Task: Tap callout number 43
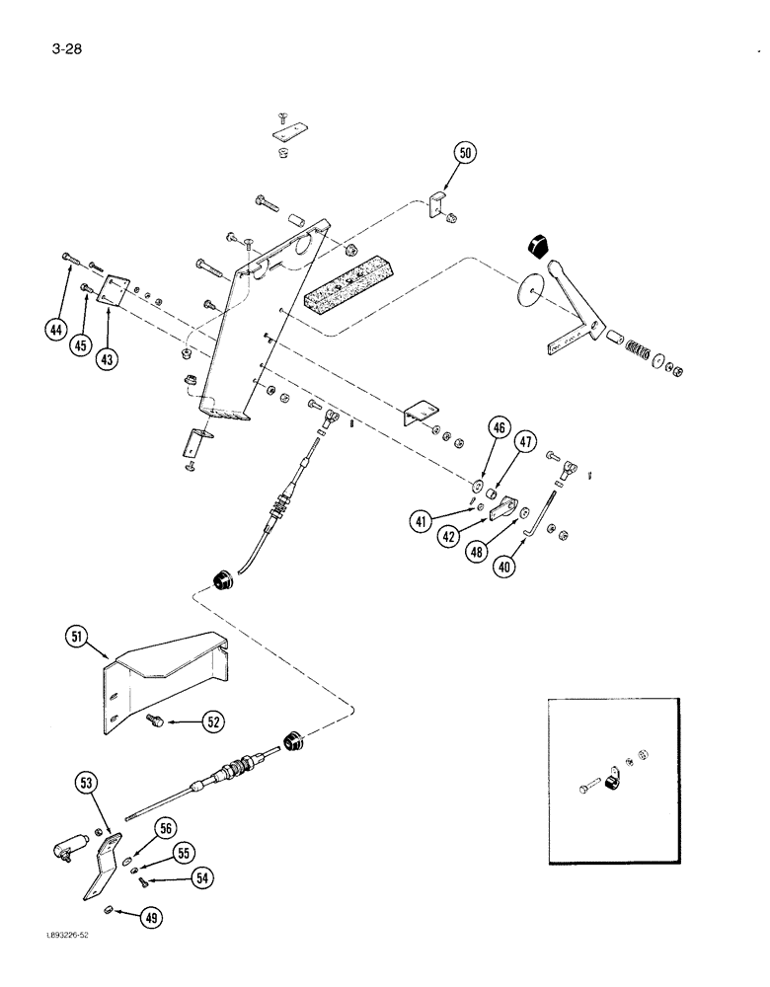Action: [x=107, y=359]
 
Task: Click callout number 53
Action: [x=87, y=785]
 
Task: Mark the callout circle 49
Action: [x=151, y=918]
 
